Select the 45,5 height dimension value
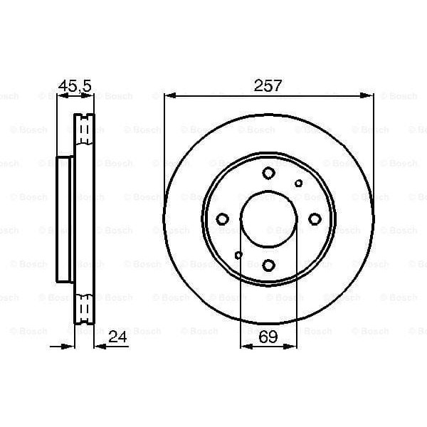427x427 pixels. pyautogui.click(x=75, y=85)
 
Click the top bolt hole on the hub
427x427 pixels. pyautogui.click(x=268, y=173)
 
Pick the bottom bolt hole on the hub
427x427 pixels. pyautogui.click(x=268, y=265)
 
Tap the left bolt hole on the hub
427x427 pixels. pyautogui.click(x=222, y=219)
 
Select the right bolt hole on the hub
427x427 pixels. pyautogui.click(x=315, y=219)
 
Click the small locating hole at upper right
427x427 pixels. pyautogui.click(x=298, y=184)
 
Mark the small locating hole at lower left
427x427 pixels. pyautogui.click(x=238, y=255)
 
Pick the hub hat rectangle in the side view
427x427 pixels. pyautogui.click(x=65, y=219)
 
